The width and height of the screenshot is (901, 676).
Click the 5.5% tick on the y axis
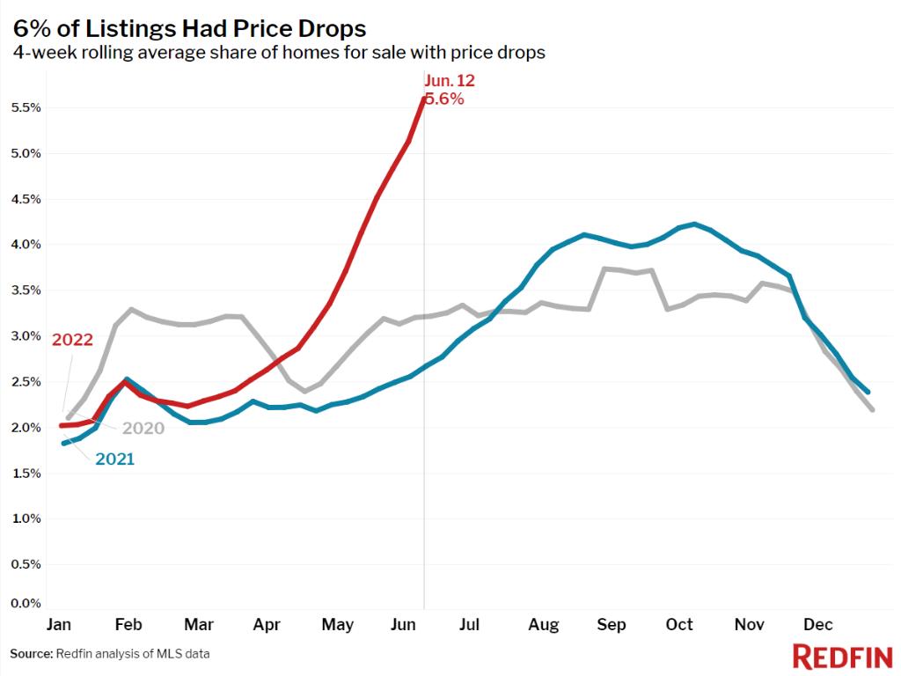pyautogui.click(x=26, y=107)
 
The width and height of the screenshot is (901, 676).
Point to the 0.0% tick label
pyautogui.click(x=26, y=604)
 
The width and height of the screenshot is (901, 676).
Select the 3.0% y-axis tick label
pyautogui.click(x=26, y=336)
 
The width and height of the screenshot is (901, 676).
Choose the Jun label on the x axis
pyautogui.click(x=403, y=625)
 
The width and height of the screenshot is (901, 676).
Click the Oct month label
pyautogui.click(x=679, y=625)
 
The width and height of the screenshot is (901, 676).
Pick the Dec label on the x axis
pyautogui.click(x=818, y=625)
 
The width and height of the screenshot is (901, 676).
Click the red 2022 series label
pyautogui.click(x=72, y=340)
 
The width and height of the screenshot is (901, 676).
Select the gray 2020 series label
pyautogui.click(x=143, y=429)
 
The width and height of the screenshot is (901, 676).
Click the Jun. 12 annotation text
pyautogui.click(x=450, y=81)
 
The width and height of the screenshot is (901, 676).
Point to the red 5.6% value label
pyautogui.click(x=444, y=99)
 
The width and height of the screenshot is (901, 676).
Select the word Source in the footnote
pyautogui.click(x=31, y=654)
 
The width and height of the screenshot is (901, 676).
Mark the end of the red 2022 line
pyautogui.click(x=424, y=98)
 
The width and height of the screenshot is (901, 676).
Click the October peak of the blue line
pyautogui.click(x=695, y=224)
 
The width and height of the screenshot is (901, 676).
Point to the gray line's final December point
pyautogui.click(x=872, y=409)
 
